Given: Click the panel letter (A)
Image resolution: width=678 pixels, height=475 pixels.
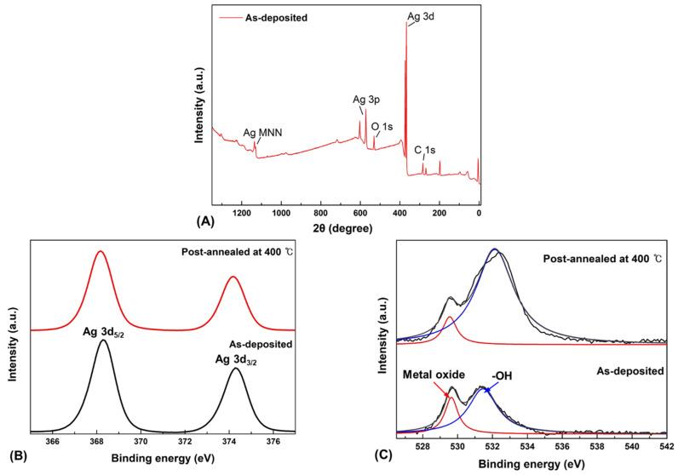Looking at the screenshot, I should (204, 220).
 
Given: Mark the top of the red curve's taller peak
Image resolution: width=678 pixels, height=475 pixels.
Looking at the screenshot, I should (101, 251).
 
